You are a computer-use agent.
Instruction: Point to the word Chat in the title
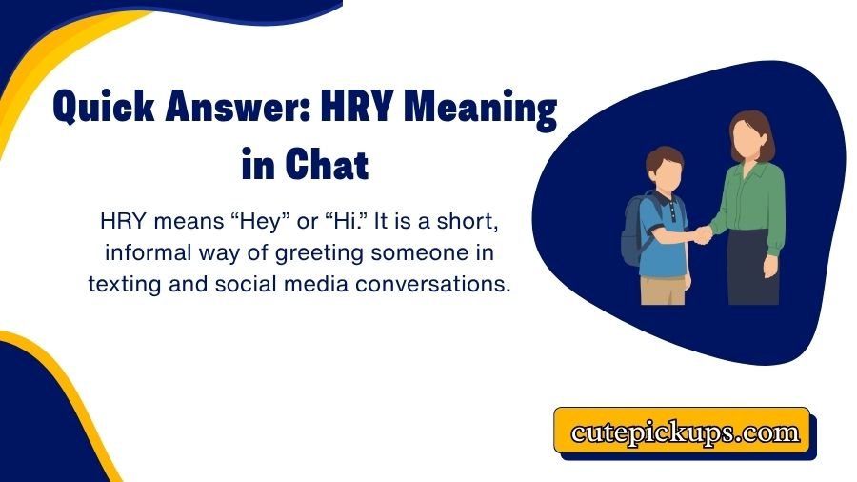point(326,164)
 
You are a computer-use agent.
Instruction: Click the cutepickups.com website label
point(685,432)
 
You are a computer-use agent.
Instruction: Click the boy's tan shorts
point(663,286)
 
